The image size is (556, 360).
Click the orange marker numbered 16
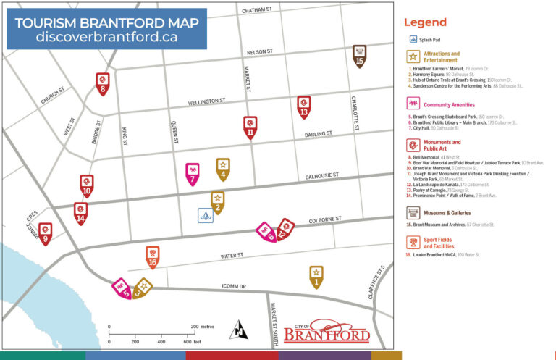click(152, 255)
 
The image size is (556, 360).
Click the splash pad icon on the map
click(206, 215)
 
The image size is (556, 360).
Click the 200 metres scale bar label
click(203, 327)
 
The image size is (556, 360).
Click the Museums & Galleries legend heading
click(447, 213)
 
